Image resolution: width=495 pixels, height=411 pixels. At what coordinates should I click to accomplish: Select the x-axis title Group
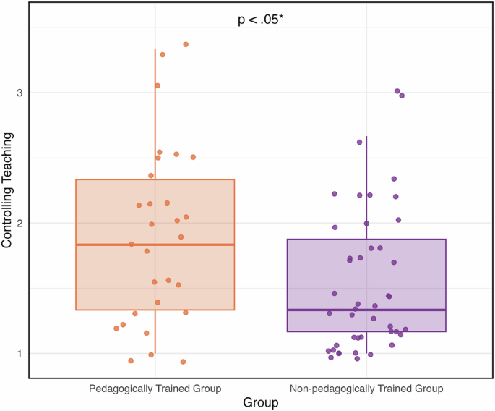pos(261,403)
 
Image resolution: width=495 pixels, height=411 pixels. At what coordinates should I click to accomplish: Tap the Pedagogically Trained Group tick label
pos(155,389)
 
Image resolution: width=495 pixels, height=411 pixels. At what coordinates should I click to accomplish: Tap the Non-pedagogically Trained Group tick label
pos(366,389)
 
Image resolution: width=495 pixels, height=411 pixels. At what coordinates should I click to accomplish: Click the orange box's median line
pos(155,245)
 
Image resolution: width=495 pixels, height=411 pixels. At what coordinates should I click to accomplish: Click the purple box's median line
pos(366,310)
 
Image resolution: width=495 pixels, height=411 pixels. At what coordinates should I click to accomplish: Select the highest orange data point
pos(186,44)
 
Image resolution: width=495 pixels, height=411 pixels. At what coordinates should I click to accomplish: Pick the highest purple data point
pos(397,91)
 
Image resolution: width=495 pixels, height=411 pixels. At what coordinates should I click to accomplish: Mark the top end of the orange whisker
pos(155,50)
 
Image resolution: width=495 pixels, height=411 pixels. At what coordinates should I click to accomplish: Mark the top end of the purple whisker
pos(366,136)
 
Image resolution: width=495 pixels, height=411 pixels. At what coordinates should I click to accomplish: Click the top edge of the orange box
pos(155,179)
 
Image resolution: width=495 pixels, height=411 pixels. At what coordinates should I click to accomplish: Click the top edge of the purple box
pos(366,240)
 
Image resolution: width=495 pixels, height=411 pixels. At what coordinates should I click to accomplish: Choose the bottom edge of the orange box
pos(155,310)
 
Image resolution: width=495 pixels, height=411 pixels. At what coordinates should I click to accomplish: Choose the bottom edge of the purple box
pos(366,331)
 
